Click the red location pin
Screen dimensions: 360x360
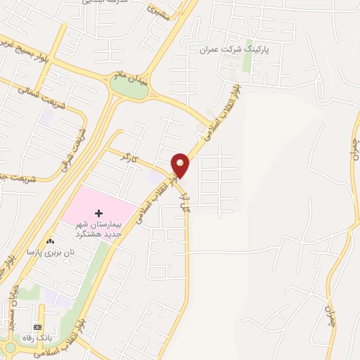point(181,165)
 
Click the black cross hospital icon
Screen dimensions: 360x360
point(99,213)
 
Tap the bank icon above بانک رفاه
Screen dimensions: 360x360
point(38,327)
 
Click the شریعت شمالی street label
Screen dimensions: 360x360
point(29,99)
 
